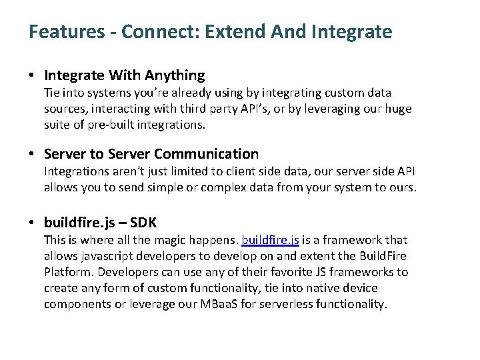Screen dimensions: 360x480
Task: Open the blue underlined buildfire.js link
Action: (x=270, y=240)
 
